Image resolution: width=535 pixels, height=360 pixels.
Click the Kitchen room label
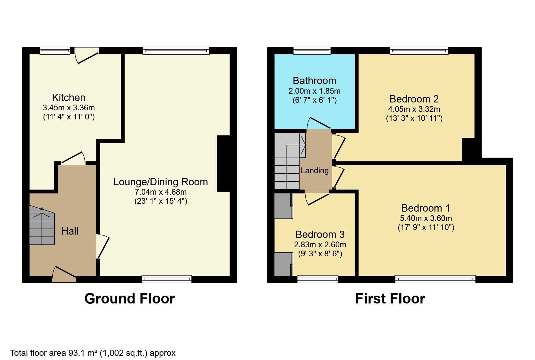69,98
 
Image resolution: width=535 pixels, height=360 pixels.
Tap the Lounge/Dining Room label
160,182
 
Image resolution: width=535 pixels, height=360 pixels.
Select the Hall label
70,231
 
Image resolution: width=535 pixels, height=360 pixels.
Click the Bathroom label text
314,81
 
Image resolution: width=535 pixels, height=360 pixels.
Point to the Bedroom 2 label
414,99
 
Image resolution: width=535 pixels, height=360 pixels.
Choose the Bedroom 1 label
425,208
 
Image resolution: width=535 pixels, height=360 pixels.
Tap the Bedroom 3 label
320,235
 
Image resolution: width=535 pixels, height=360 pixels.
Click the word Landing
314,171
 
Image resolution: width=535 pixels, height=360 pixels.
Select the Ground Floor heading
130,299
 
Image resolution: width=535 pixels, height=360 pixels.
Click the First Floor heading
390,299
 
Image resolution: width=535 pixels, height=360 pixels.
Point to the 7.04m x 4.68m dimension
160,192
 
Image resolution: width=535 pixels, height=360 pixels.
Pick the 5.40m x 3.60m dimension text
426,218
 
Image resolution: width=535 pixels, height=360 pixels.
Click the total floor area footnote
93,353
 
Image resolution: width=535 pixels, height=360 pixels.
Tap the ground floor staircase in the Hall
42,225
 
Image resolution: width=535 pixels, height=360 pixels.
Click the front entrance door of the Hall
64,274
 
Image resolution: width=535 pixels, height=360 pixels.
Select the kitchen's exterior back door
87,56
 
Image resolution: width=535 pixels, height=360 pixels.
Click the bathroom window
312,50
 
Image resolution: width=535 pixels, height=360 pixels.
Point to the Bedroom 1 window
435,279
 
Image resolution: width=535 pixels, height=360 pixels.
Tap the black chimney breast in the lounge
223,164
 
